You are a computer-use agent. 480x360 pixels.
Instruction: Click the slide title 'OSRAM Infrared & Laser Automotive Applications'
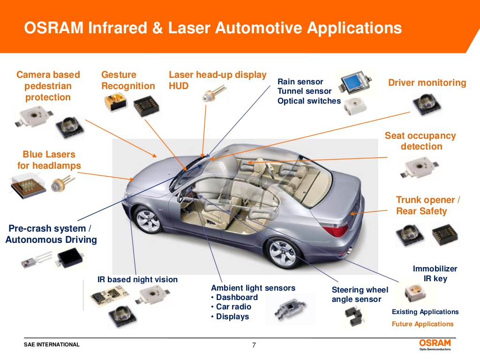tap(213, 28)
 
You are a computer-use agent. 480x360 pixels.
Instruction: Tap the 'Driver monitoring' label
tap(427, 83)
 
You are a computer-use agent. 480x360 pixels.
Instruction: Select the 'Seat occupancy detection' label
tap(420, 141)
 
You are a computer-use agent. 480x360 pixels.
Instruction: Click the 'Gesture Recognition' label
tap(127, 80)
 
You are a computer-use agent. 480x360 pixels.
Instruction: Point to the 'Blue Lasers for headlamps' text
tap(49, 160)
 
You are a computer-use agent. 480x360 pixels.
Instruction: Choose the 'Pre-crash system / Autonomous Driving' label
tap(51, 234)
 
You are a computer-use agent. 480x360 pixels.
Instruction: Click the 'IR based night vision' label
tap(137, 280)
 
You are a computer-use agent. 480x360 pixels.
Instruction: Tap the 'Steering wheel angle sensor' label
tap(356, 294)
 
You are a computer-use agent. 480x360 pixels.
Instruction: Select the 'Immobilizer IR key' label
tap(435, 274)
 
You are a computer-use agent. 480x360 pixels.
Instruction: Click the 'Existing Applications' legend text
tap(425, 312)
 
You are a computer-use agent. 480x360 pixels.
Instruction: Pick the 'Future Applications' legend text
tap(422, 324)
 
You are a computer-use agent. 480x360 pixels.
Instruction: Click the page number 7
tap(254, 345)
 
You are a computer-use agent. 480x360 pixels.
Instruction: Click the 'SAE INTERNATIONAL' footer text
tap(52, 345)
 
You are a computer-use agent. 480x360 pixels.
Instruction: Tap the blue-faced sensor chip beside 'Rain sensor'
tap(355, 83)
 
